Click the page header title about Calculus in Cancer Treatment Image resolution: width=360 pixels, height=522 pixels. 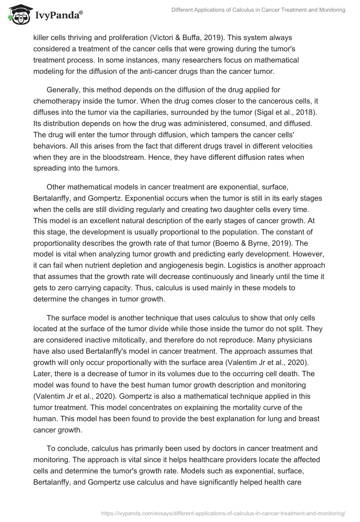[258, 10]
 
